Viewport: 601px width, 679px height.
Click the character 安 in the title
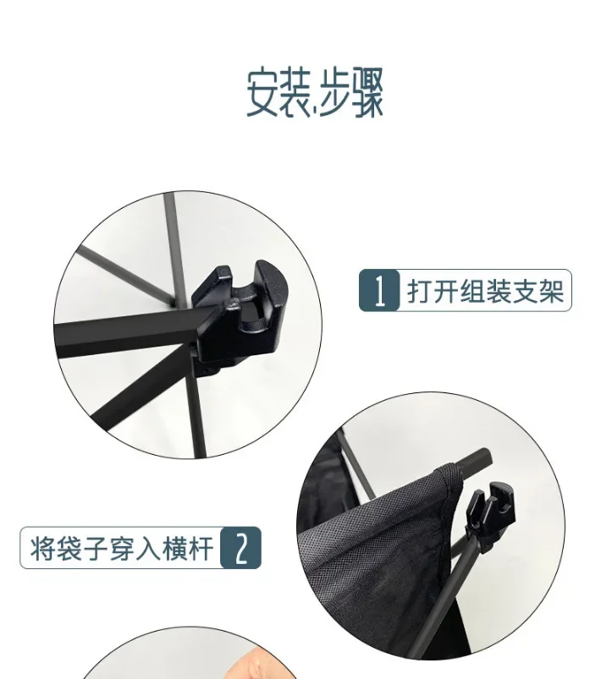263,91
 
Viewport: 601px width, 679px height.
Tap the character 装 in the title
295,91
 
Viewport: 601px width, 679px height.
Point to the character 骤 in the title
367,91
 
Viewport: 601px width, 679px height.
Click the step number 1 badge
379,290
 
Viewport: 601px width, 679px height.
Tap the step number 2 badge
241,547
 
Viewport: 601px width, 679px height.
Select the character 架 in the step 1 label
551,291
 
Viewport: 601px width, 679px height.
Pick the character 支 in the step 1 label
525,291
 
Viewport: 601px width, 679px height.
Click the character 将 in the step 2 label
42,548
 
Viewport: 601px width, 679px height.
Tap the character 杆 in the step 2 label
201,548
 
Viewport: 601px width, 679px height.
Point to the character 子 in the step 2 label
96,548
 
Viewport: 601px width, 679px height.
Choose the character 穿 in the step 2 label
122,548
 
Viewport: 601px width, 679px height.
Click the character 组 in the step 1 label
472,291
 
